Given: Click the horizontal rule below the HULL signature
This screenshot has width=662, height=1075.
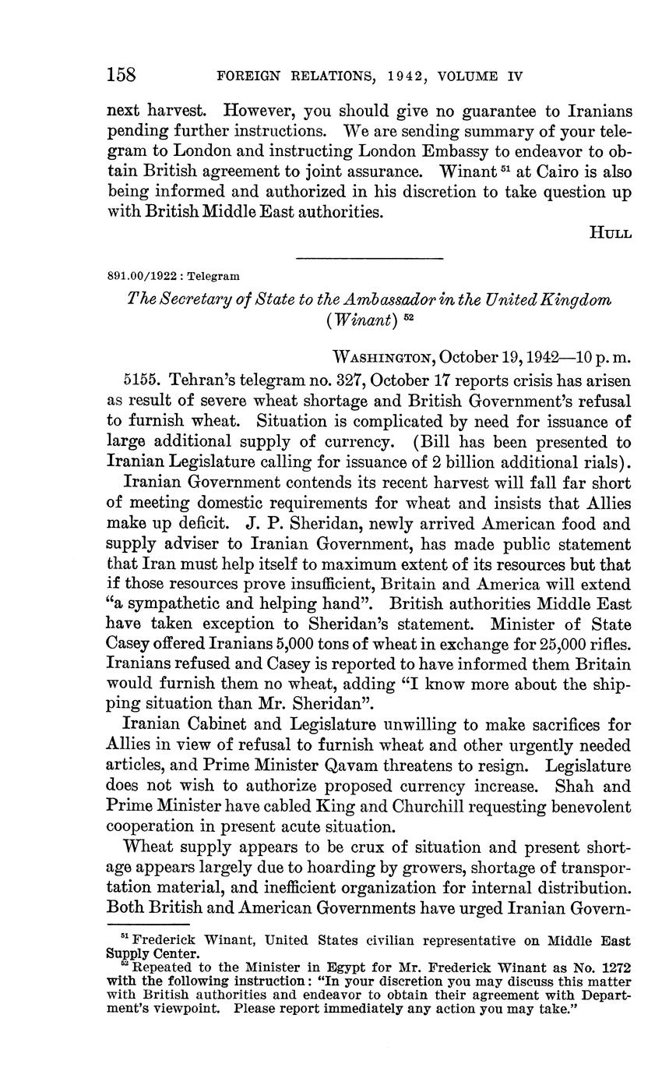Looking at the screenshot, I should tap(370, 257).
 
